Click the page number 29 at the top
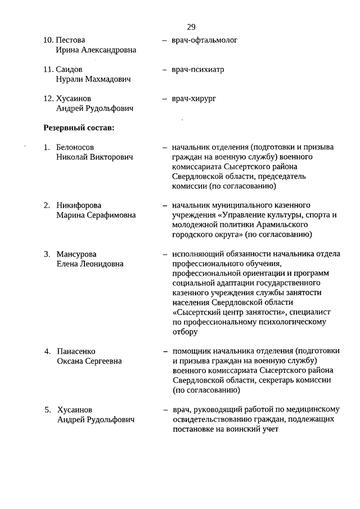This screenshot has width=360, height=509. coord(191,27)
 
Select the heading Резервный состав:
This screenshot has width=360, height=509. coord(79,128)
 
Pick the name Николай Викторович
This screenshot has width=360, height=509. coord(94,157)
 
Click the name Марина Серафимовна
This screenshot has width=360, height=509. coord(96,215)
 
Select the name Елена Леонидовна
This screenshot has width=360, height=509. coord(90,263)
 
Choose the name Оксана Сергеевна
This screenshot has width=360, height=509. coord(89,361)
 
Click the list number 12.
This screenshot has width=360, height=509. coord(48,99)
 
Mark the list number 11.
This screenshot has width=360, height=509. coord(48,70)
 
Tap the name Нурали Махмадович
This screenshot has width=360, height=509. coord(93,79)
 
